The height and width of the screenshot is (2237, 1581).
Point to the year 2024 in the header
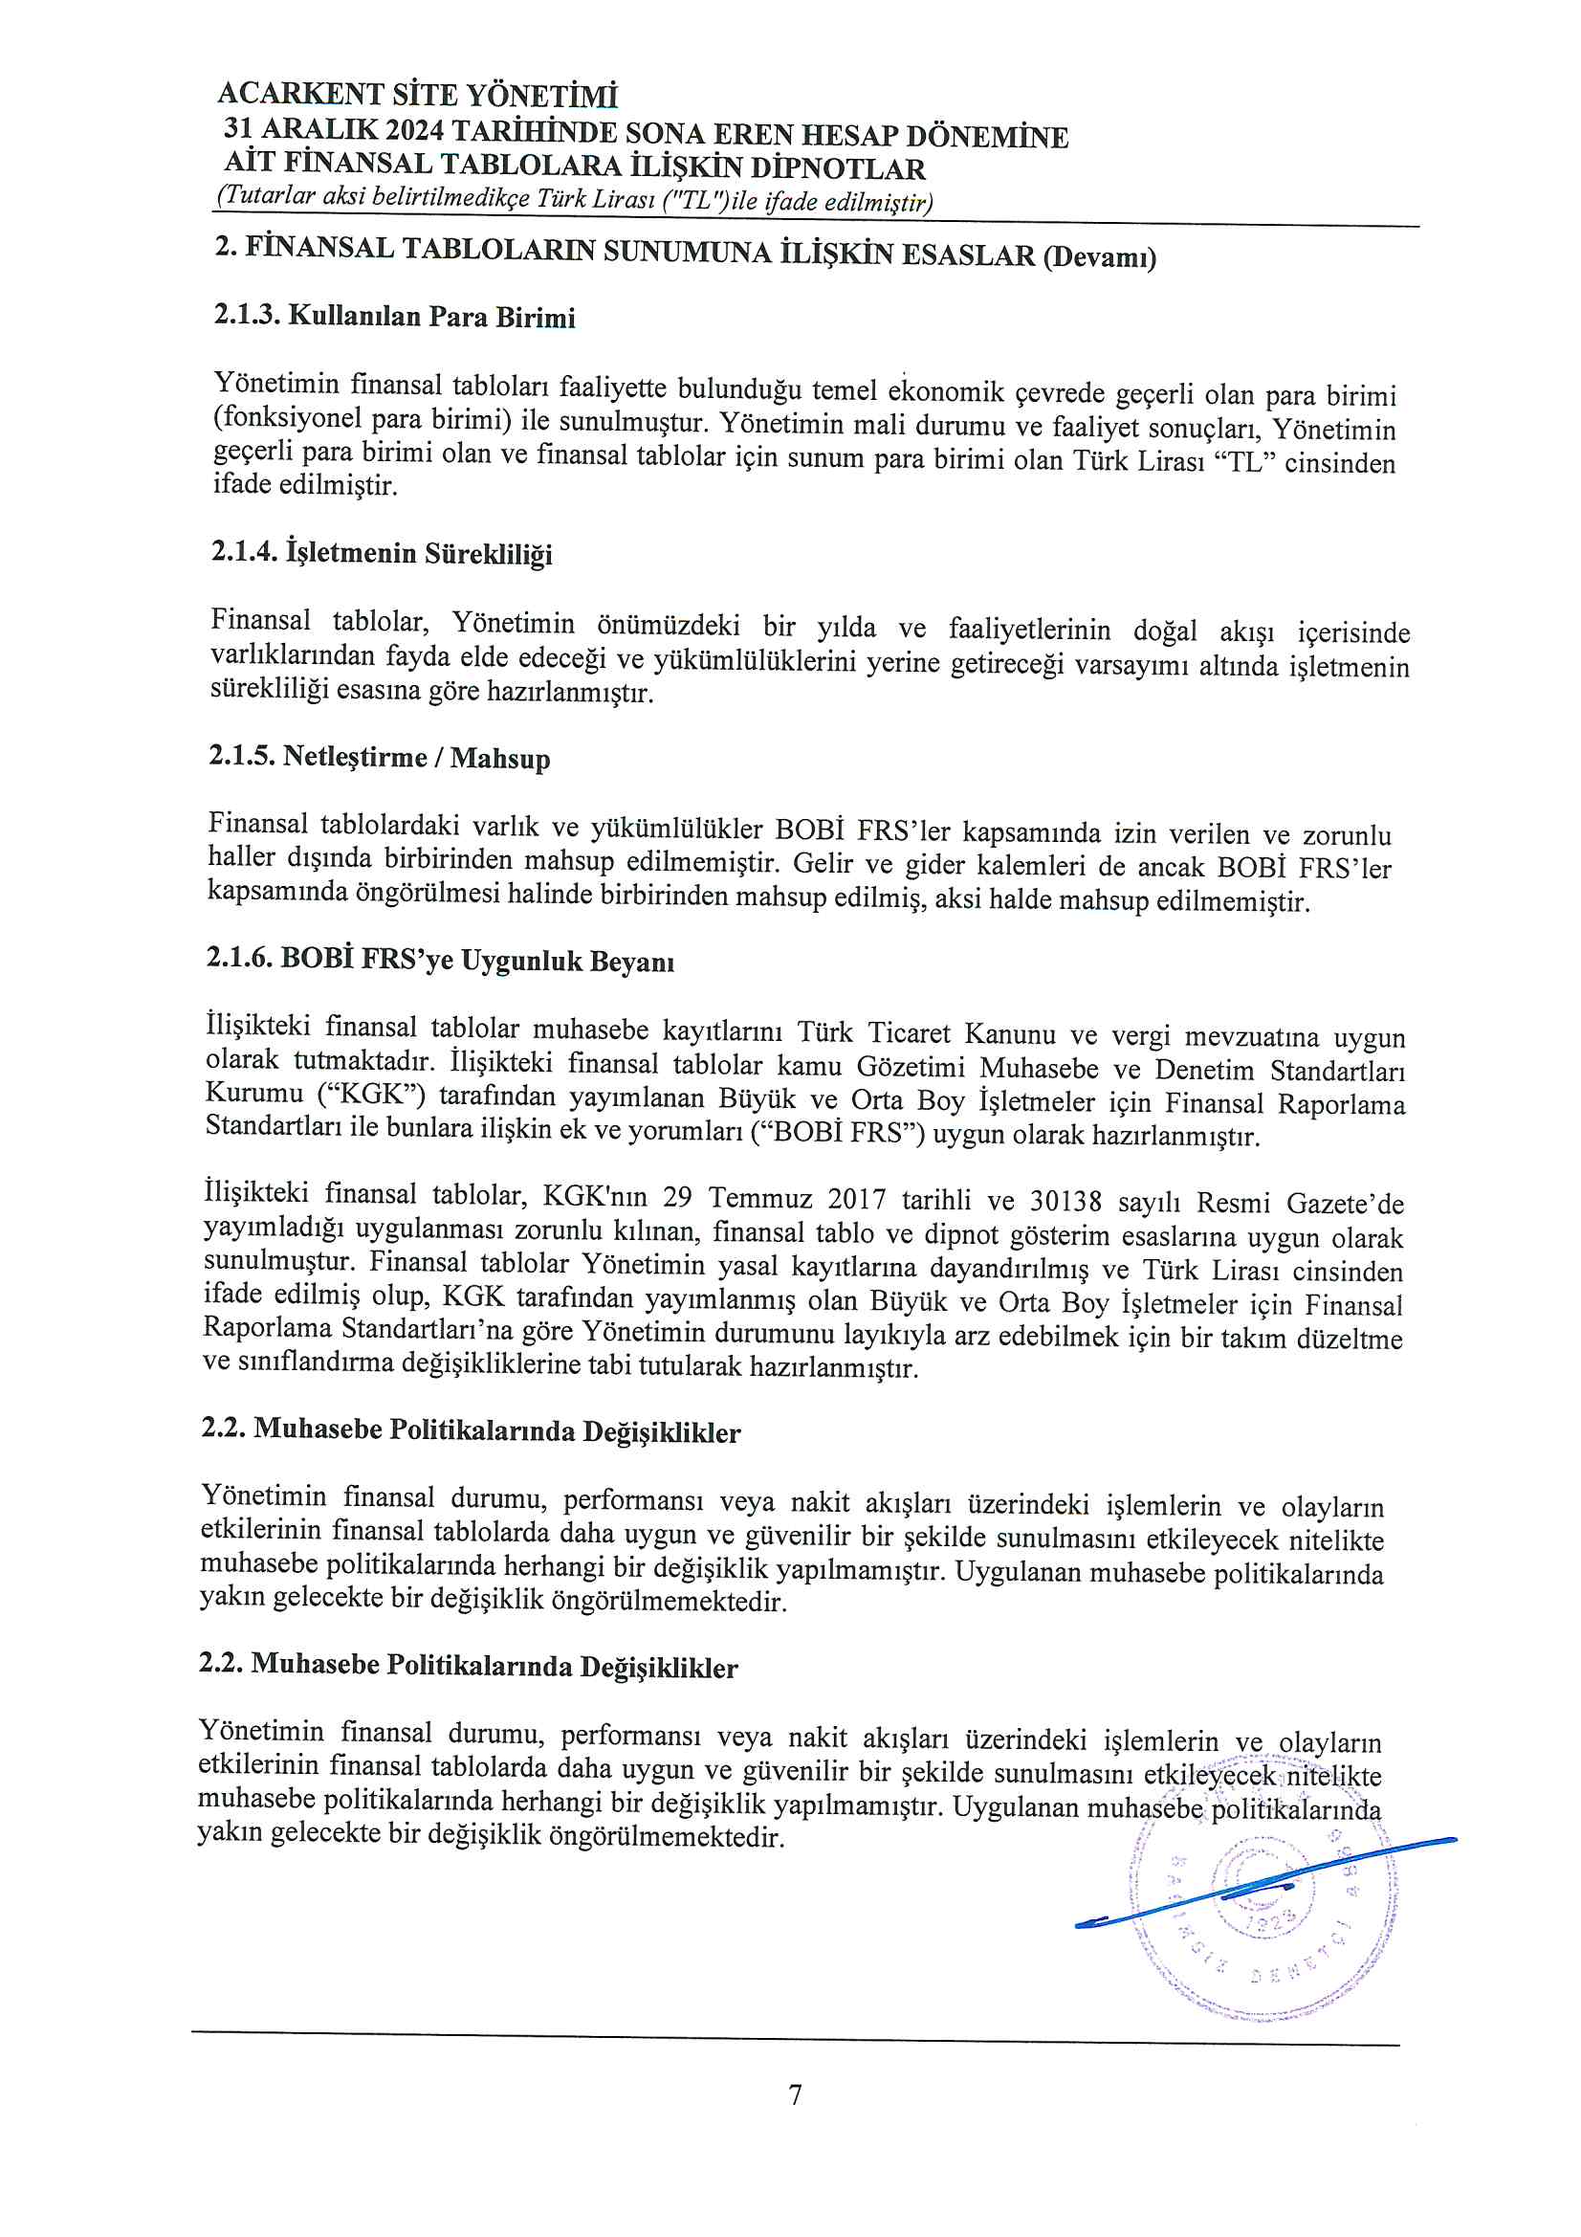pyautogui.click(x=413, y=129)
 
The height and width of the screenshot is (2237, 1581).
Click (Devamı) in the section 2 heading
pyautogui.click(x=1099, y=258)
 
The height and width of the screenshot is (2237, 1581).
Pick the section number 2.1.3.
pyautogui.click(x=247, y=315)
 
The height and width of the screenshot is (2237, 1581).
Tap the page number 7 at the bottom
pyautogui.click(x=795, y=2094)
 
